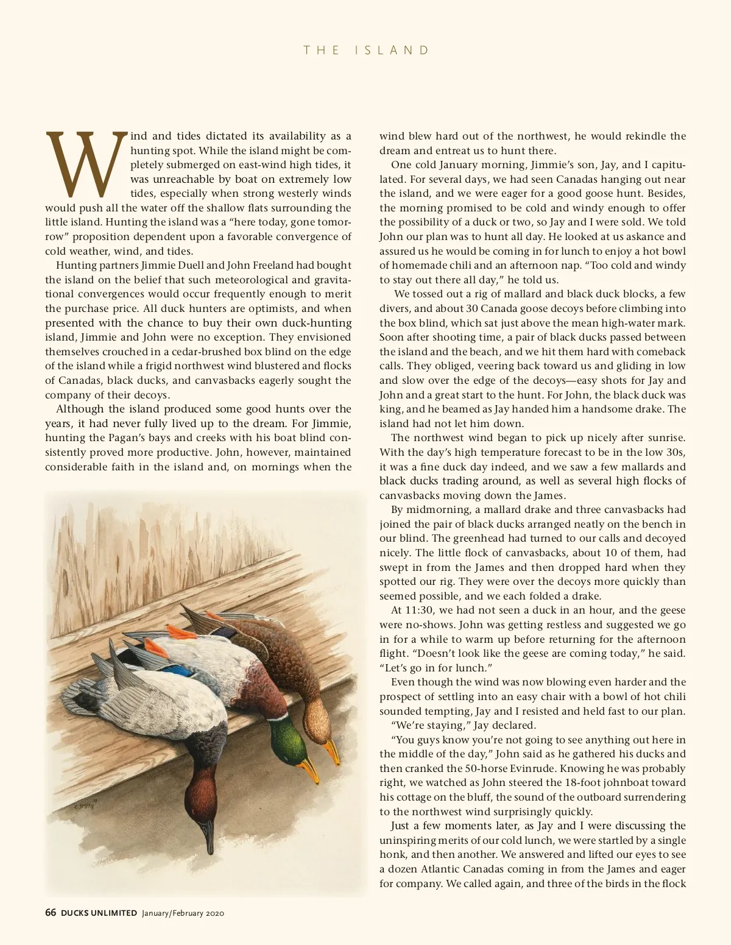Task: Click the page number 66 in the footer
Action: pyautogui.click(x=51, y=913)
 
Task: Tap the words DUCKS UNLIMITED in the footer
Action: pyautogui.click(x=99, y=913)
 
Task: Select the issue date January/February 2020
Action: pyautogui.click(x=183, y=913)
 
